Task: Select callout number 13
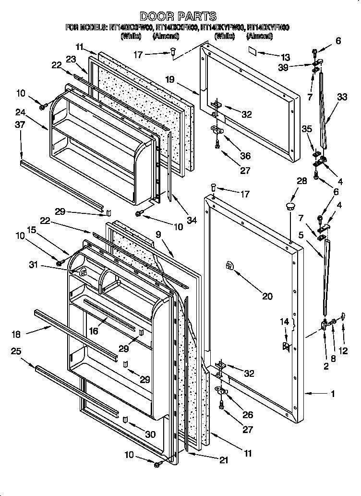tap(287, 57)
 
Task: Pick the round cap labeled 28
tap(289, 207)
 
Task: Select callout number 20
tap(267, 297)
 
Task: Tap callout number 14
tap(285, 321)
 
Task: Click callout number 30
tap(151, 434)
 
